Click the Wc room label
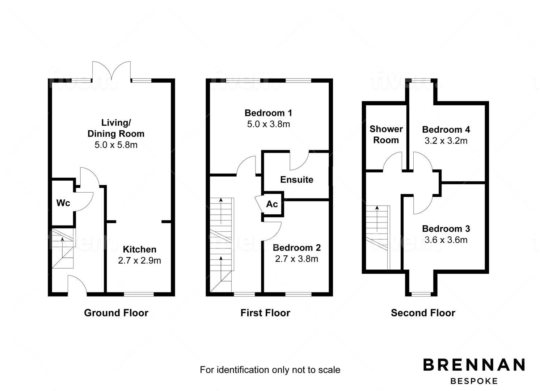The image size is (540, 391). click(63, 203)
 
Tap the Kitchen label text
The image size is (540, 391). click(140, 249)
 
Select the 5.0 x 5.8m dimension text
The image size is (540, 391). click(116, 145)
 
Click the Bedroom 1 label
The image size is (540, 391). click(268, 113)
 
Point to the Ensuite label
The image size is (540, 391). click(297, 180)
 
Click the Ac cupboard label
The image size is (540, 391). click(272, 204)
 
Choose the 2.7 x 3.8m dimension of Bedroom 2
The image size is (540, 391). click(297, 258)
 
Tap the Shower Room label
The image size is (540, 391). click(386, 134)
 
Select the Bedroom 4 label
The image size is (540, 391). click(446, 130)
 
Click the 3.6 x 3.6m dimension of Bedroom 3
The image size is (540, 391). click(446, 240)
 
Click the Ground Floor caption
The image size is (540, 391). click(116, 313)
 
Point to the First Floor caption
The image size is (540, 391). click(265, 313)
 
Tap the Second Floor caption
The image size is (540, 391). click(423, 313)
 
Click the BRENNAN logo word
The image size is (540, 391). click(474, 365)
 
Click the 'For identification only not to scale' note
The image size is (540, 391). click(270, 370)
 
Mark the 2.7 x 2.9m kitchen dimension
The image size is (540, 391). click(140, 260)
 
